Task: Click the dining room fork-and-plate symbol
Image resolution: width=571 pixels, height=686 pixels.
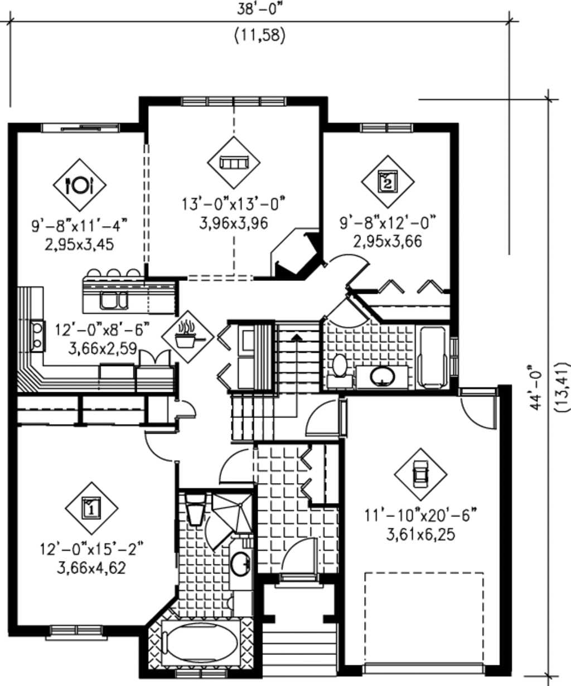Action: [x=79, y=184]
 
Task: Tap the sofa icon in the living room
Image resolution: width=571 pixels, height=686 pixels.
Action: [x=234, y=162]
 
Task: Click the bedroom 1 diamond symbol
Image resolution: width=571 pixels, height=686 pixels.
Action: [x=91, y=508]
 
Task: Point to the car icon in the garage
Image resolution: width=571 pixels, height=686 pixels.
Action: [x=420, y=474]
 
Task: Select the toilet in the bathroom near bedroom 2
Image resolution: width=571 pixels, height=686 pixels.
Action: [x=339, y=368]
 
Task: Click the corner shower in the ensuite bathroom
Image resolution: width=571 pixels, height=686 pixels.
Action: [x=233, y=511]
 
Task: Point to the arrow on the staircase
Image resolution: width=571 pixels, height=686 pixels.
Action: [x=296, y=337]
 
